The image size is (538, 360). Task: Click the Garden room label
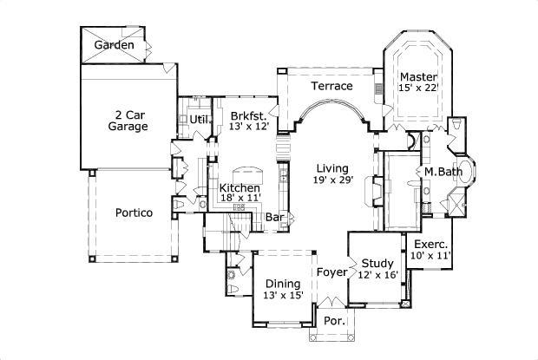coord(114,44)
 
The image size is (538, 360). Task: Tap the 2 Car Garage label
coord(128,120)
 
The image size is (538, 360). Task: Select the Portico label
coord(134,213)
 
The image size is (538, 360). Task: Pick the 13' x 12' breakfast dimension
coord(249,127)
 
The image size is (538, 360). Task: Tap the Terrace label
coord(332,86)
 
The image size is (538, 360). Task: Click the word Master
coord(418,77)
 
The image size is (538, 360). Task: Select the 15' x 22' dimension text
coord(418,88)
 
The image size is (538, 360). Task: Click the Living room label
coord(331,167)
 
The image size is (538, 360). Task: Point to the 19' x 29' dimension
coord(331,180)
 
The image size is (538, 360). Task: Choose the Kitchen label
coord(239,188)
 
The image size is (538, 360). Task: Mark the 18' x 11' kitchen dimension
coord(239,200)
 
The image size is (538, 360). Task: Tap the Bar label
coord(275,217)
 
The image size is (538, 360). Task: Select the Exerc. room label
coord(430,244)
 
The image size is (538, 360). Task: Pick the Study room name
coord(378,263)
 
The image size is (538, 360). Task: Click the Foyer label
coord(331,272)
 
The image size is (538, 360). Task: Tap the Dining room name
coord(283,283)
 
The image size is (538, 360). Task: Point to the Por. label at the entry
coord(334,321)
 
